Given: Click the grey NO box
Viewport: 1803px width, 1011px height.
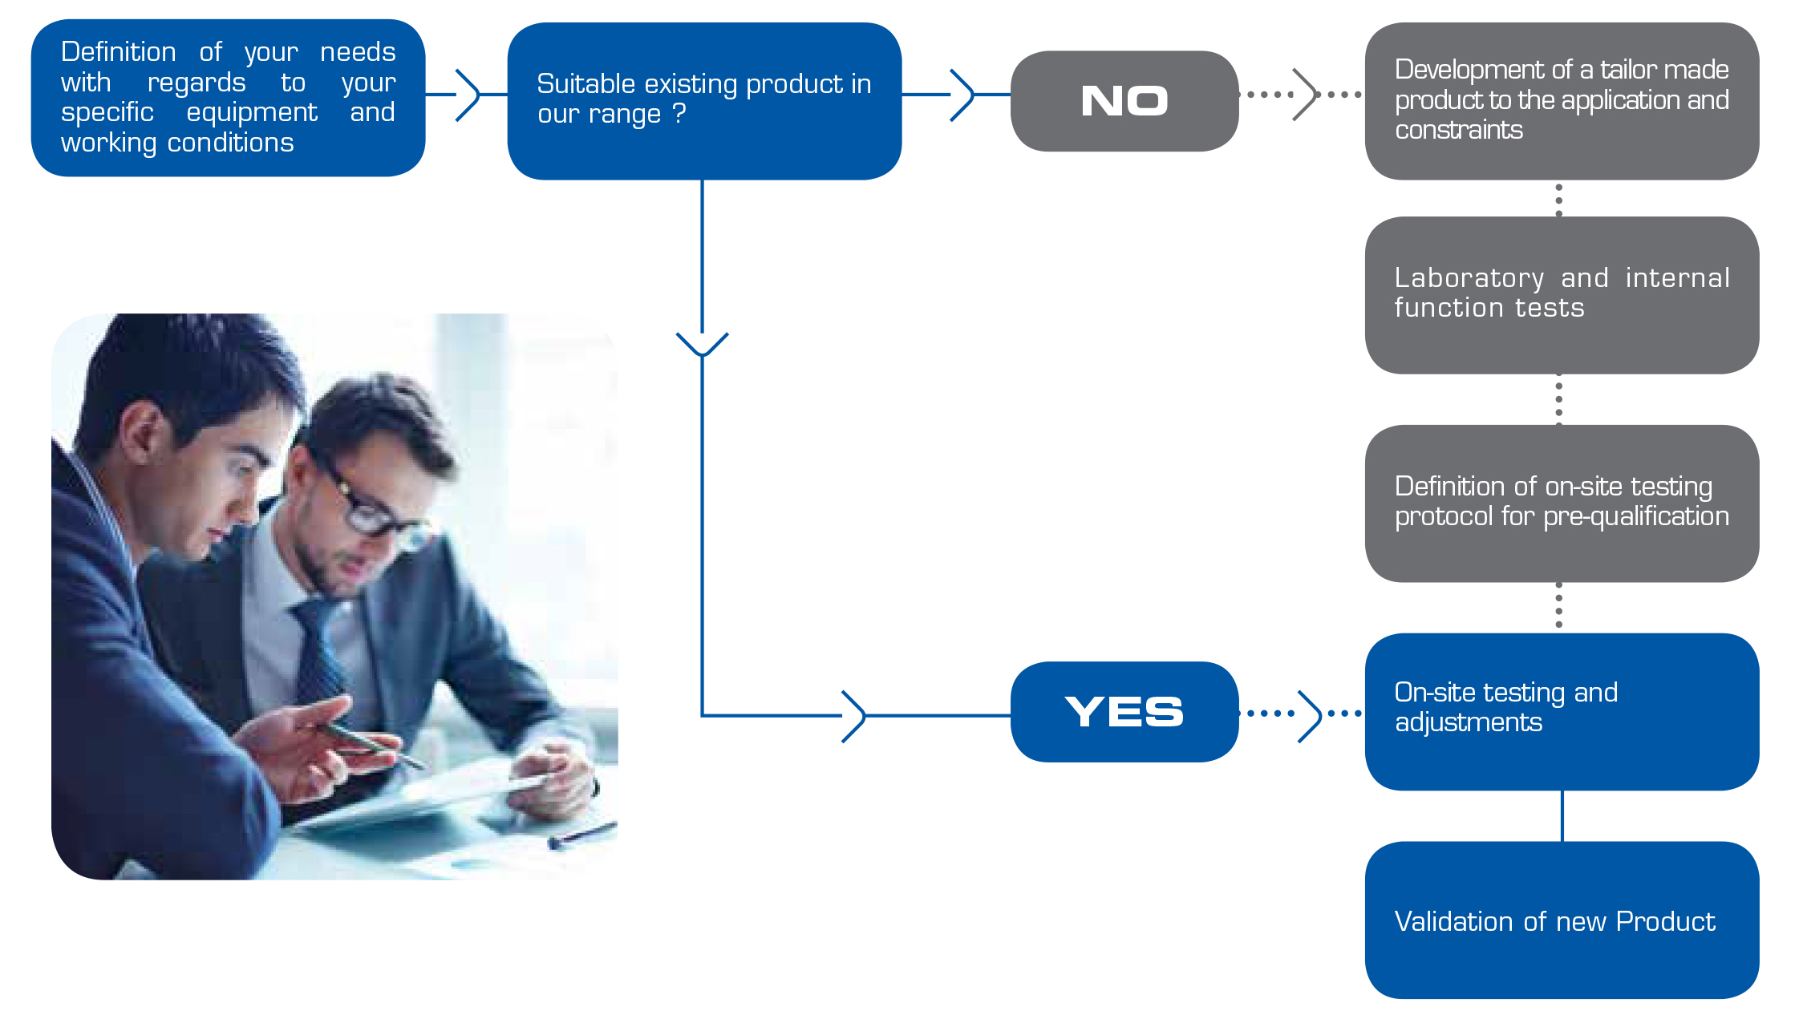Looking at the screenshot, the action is coord(1124,101).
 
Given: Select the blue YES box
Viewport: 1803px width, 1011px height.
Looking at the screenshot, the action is coord(1124,711).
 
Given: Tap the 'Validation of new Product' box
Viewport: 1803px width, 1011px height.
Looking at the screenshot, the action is coord(1562,920).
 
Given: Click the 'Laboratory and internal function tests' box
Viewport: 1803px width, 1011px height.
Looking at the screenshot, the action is coord(1562,295).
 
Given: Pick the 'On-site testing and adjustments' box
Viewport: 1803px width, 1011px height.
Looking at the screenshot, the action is coord(1562,712).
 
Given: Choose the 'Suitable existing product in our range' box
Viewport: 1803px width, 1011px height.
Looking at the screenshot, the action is coord(704,101).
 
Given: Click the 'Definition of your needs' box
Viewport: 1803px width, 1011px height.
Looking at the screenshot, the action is coord(228,98).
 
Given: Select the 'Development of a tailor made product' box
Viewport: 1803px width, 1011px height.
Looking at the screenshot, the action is coord(1562,101).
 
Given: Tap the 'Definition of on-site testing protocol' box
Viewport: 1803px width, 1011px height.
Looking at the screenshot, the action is coord(1562,503).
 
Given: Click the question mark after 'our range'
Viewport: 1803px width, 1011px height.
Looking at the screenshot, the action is coord(679,113).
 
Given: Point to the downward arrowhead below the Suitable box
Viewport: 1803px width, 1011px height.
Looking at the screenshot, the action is coord(702,345).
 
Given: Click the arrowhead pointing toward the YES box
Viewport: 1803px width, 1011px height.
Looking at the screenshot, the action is coord(855,716).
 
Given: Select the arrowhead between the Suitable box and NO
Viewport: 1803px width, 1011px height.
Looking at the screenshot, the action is coord(962,95).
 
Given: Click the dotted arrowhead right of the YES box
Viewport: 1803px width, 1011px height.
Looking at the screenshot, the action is coord(1311,715).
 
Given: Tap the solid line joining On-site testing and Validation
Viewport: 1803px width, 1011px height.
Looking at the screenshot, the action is coord(1562,816).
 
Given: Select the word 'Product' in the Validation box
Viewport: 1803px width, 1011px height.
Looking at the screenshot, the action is coord(1666,921).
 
